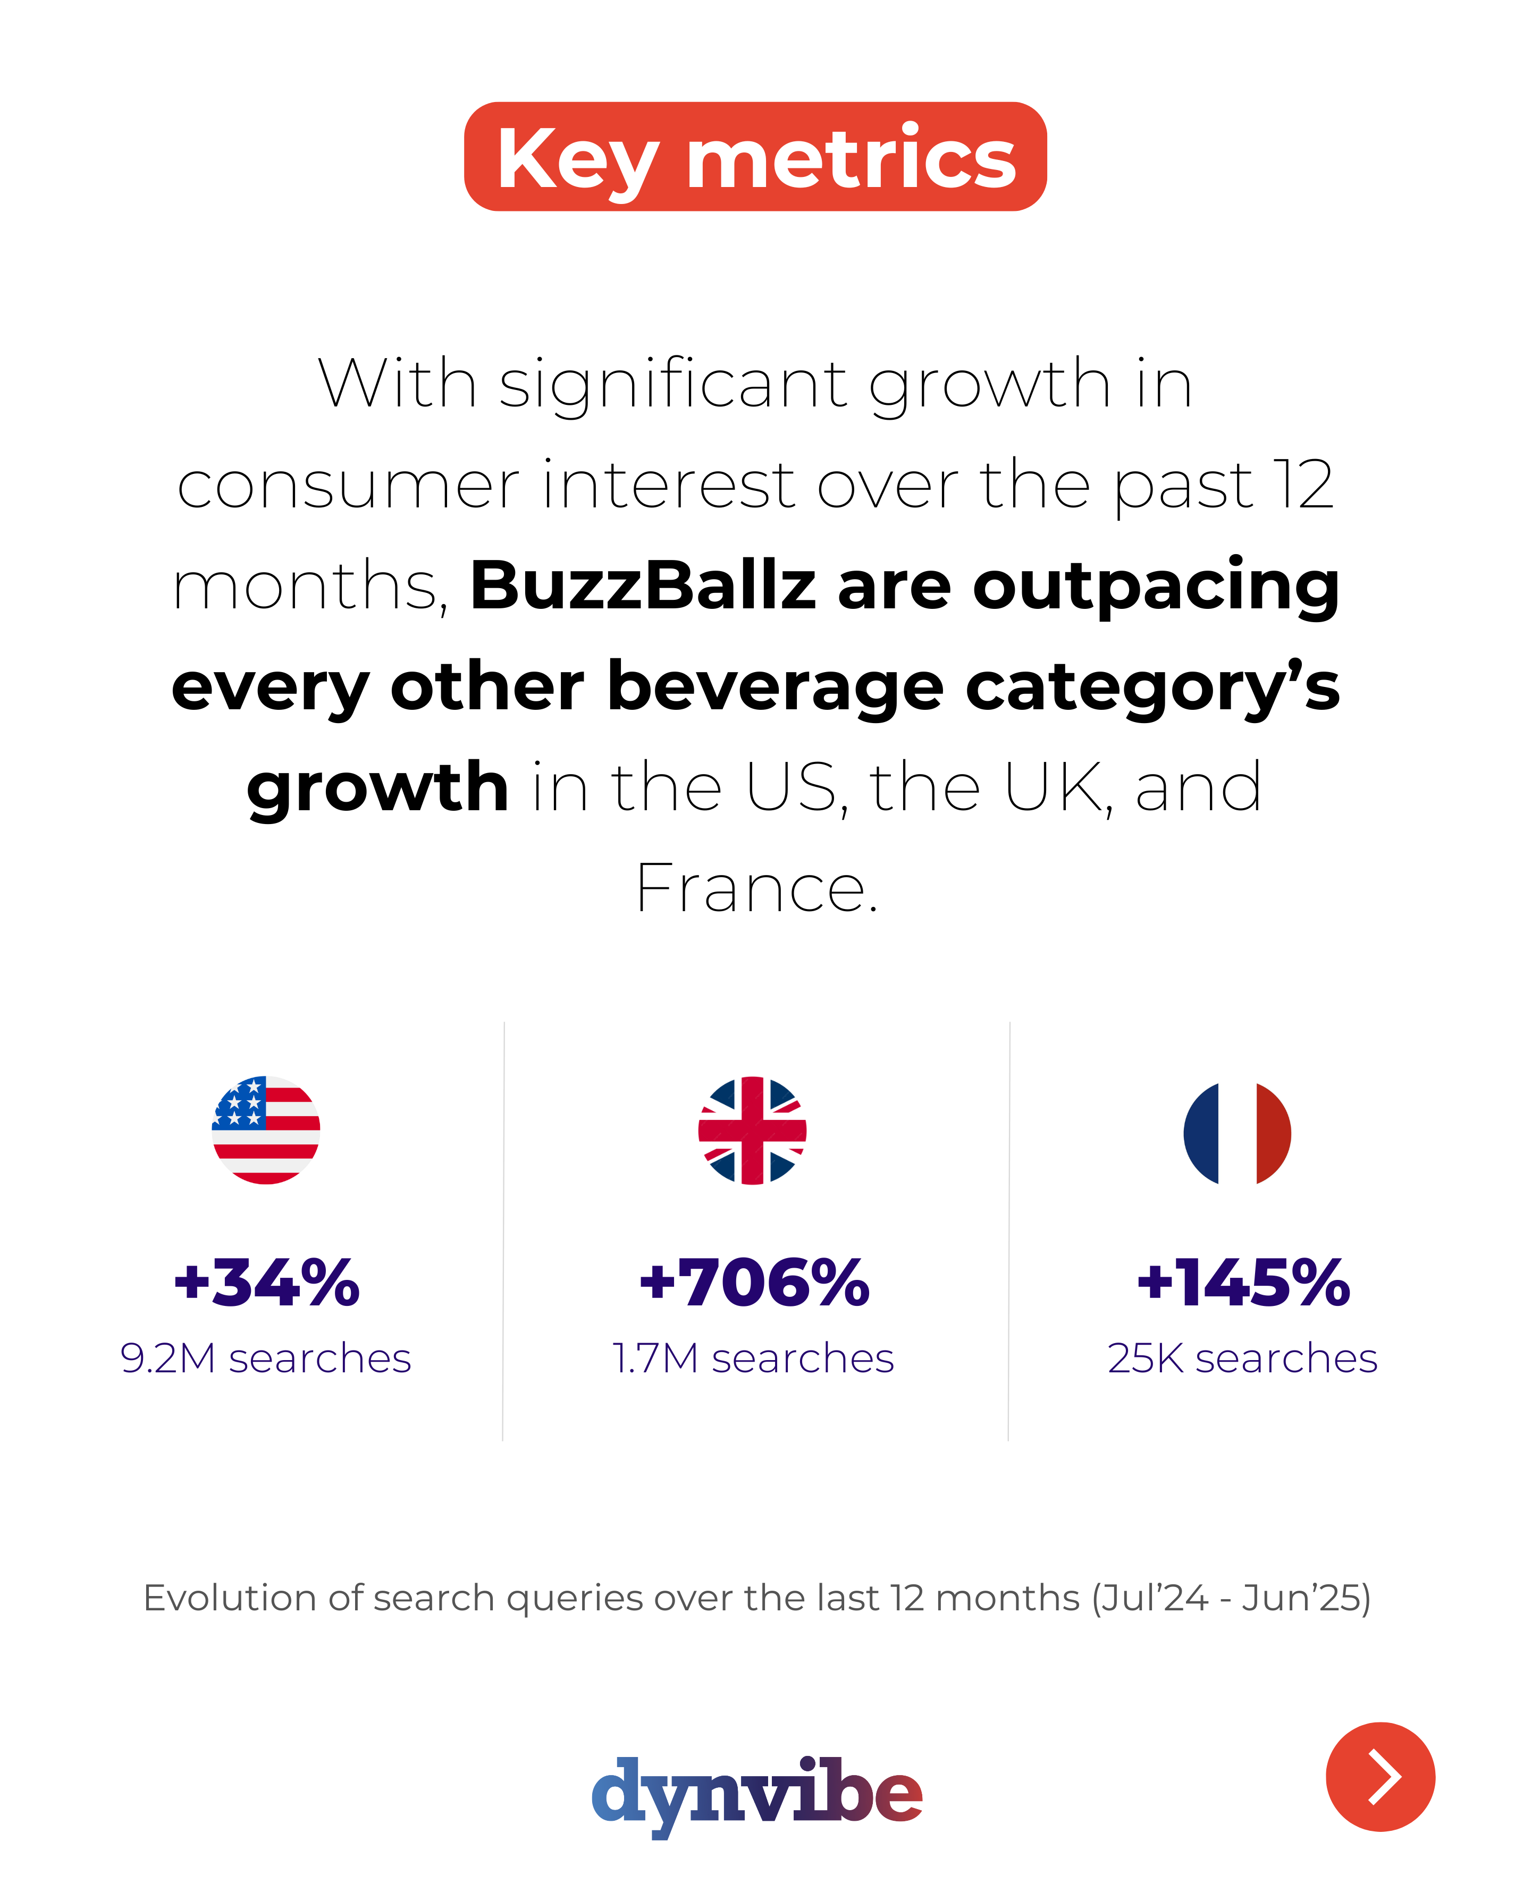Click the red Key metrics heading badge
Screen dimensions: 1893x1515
click(755, 156)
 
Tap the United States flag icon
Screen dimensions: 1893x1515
click(266, 1130)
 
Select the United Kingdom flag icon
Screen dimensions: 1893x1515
click(753, 1130)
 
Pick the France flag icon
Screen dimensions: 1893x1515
click(1238, 1133)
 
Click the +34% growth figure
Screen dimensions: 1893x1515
click(267, 1283)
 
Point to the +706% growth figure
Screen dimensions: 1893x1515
click(754, 1283)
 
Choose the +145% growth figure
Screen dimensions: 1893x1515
click(1243, 1283)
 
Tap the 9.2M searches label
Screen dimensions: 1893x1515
click(266, 1359)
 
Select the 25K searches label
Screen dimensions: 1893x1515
click(1242, 1359)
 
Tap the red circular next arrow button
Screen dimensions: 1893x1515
click(1380, 1776)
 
